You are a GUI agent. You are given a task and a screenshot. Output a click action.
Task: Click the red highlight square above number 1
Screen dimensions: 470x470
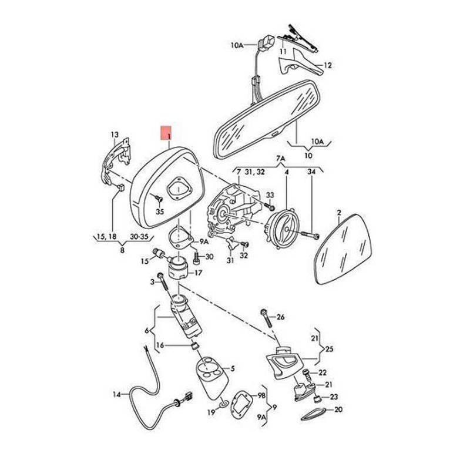167,130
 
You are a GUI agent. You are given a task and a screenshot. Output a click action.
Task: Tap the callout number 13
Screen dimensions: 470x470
115,136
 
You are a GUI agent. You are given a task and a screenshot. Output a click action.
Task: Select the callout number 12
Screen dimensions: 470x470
328,65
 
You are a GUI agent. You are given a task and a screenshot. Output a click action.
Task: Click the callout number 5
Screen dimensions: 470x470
232,368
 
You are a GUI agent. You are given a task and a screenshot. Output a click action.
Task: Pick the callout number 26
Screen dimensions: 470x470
280,317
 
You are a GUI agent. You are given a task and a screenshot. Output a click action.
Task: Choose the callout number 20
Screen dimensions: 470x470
338,409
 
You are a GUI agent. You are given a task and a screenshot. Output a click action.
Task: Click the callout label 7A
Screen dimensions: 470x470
280,159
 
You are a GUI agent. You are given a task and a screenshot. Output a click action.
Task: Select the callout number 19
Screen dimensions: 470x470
210,413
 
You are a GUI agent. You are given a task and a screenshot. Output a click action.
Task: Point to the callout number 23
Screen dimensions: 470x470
334,397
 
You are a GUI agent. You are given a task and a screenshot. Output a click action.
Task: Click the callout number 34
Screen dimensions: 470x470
312,172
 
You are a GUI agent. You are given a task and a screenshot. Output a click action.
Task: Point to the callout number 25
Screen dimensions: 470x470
329,349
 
